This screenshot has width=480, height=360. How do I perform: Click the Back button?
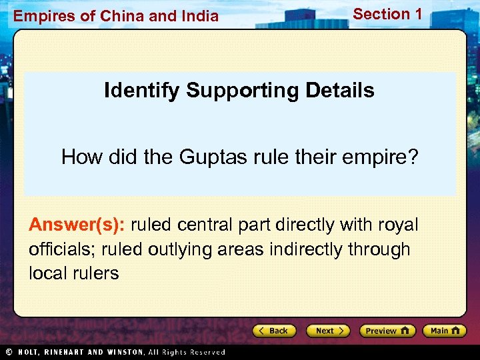274,331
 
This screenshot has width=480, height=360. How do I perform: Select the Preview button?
387,331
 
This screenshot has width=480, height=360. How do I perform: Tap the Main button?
445,331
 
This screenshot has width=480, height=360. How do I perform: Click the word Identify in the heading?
142,91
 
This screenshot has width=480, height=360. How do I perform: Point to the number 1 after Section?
418,13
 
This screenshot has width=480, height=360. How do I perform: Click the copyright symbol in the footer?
8,352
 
